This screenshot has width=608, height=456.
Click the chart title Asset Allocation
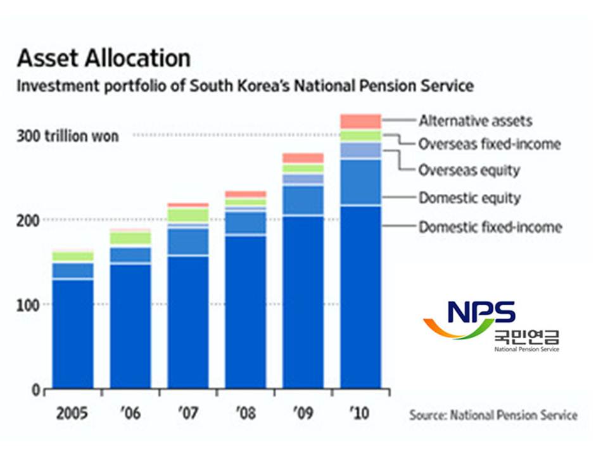103,58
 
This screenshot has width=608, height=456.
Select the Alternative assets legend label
476,120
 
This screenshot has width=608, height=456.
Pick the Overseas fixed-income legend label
490,144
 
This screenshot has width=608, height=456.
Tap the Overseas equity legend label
469,170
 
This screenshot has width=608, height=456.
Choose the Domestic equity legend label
469,198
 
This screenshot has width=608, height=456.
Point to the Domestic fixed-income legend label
490,227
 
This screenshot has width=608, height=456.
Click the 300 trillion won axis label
68,136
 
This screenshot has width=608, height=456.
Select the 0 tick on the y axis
37,389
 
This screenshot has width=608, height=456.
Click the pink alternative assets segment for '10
360,122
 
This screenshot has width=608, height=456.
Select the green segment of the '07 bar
188,215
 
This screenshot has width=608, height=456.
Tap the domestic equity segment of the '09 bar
303,199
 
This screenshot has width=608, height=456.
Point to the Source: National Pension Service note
493,415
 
